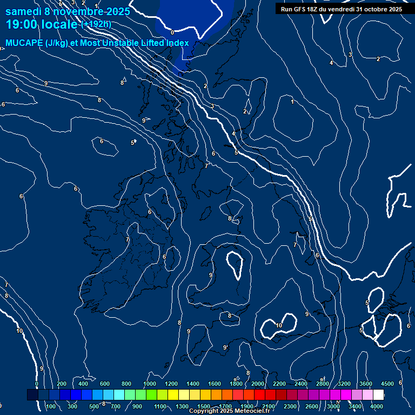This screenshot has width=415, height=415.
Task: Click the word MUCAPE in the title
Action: coord(23,43)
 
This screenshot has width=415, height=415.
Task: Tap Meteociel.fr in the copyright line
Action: coord(251,411)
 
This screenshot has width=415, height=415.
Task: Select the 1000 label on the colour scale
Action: coord(150,384)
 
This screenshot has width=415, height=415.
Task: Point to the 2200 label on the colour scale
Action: coord(279,384)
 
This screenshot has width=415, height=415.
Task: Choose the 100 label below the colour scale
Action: coord(51,406)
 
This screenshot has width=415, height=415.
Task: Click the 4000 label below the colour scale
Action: coord(377,406)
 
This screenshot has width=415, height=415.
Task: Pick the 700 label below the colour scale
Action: coord(115,406)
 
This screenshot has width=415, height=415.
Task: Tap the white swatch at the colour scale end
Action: coord(378,395)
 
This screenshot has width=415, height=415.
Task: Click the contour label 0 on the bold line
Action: coord(172,32)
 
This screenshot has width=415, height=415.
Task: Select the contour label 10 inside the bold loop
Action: coord(279,325)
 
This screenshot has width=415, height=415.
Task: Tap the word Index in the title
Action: coord(177,43)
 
